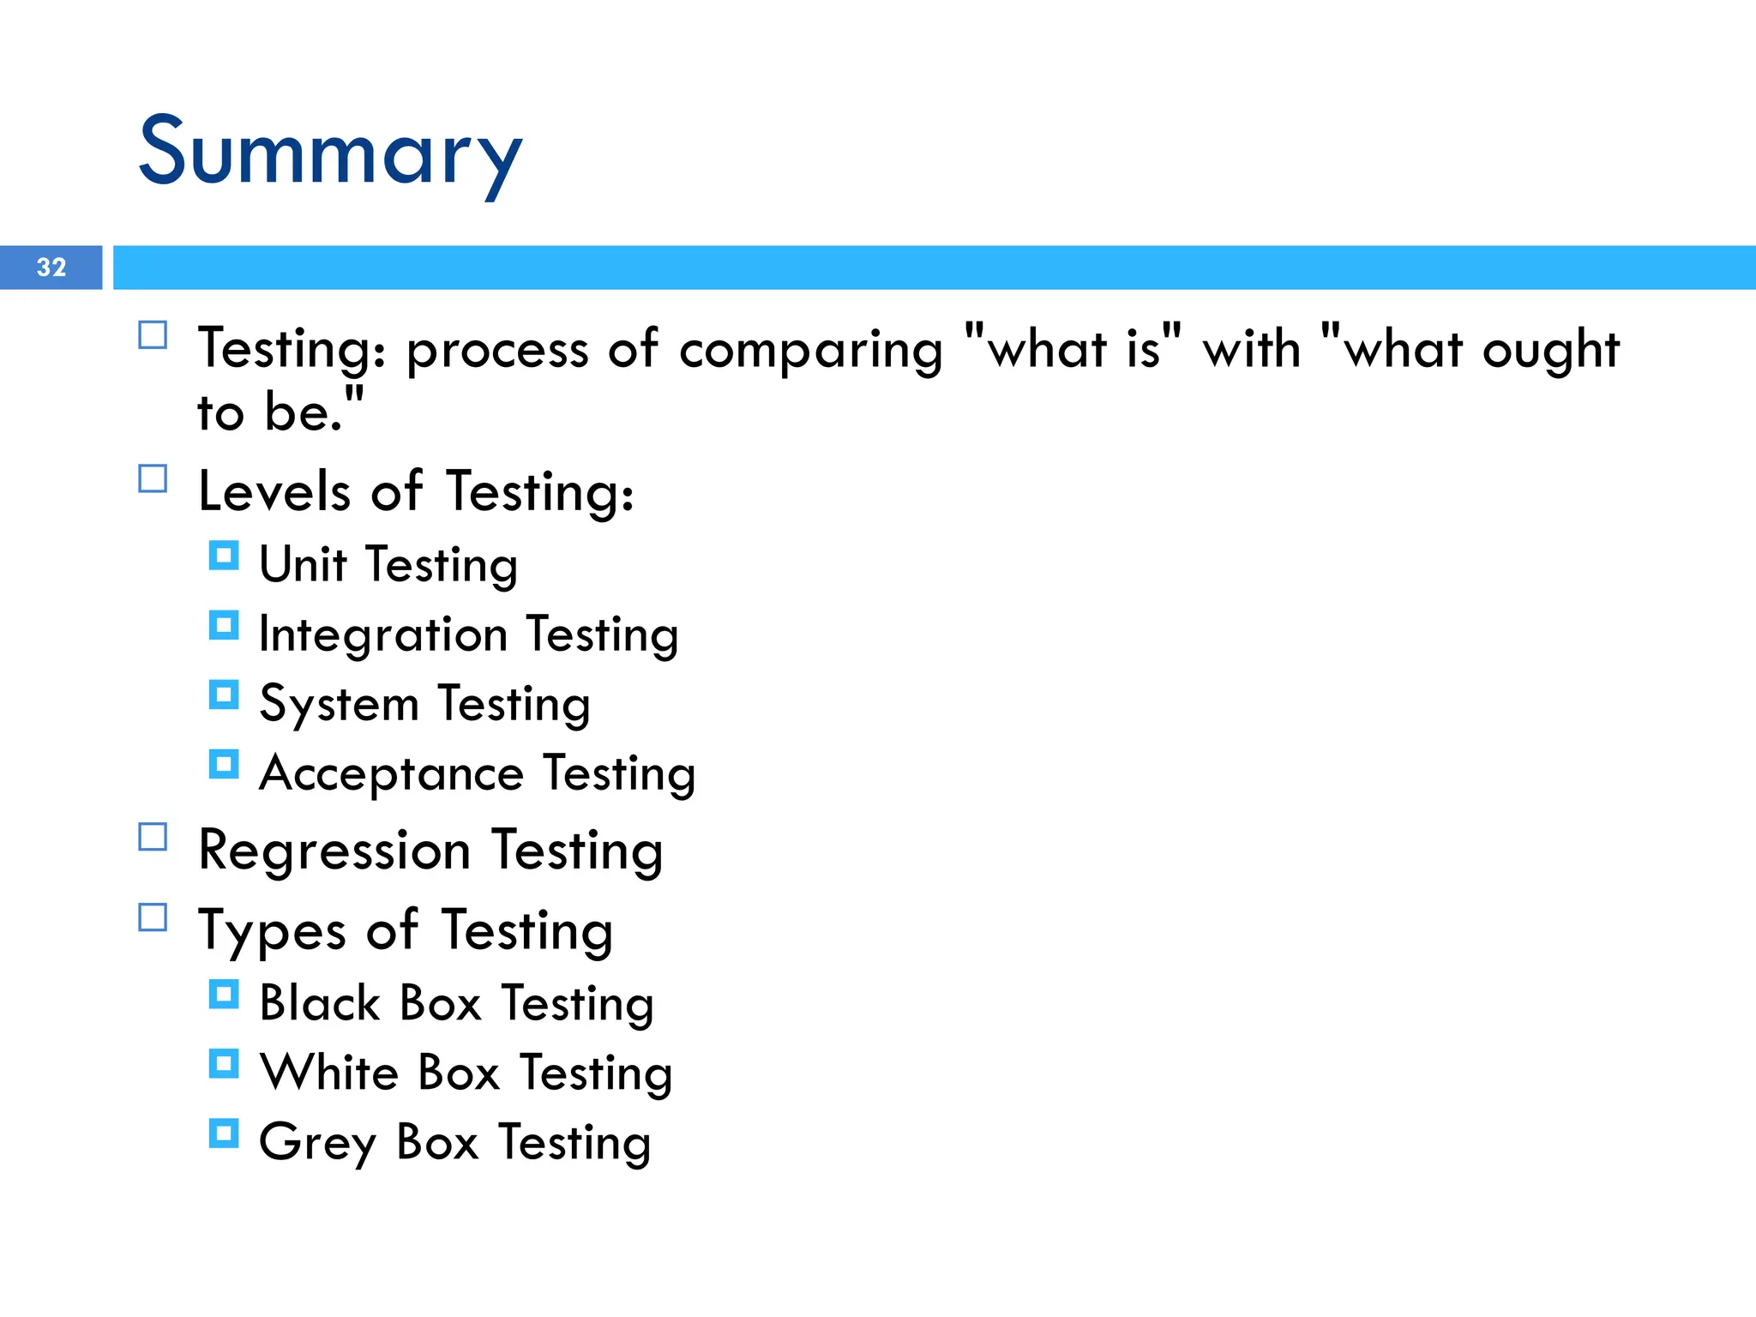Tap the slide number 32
[x=51, y=268]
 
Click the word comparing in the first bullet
[x=810, y=350]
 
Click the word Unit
[x=303, y=564]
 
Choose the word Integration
[x=383, y=634]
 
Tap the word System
[x=339, y=705]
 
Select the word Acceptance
[x=392, y=773]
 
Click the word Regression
[x=334, y=851]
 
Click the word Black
[x=320, y=1002]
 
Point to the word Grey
[x=317, y=1142]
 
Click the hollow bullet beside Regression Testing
[x=153, y=837]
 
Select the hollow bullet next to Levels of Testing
[x=153, y=478]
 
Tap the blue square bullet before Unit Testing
[x=224, y=556]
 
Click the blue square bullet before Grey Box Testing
[x=224, y=1134]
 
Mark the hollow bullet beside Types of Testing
[x=153, y=917]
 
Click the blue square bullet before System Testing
[x=224, y=695]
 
